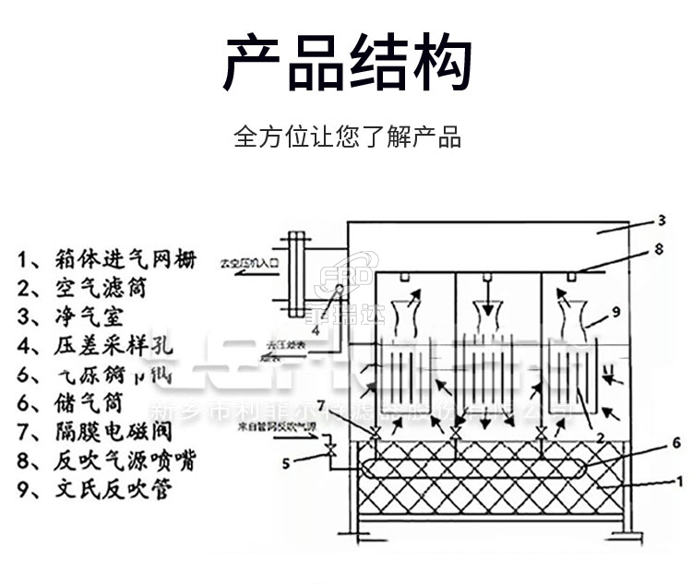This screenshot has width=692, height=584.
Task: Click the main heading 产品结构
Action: coord(347,64)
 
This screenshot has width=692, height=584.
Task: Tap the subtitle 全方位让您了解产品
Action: coord(347,138)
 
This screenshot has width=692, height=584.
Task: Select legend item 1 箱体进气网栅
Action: coord(107,259)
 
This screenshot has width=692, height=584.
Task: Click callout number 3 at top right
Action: coord(662,220)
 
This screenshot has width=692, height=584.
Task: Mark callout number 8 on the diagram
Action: coord(658,249)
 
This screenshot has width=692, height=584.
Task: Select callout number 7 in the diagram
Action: coord(347,406)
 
